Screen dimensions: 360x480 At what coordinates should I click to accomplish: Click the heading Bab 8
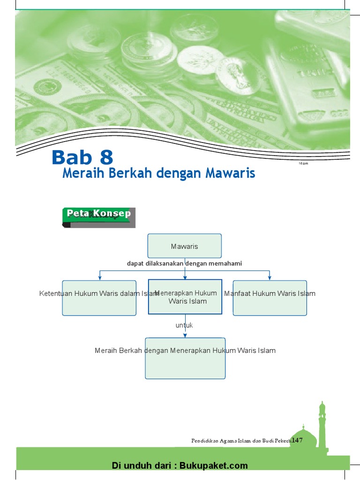82,157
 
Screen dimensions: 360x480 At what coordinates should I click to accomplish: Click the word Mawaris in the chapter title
230,173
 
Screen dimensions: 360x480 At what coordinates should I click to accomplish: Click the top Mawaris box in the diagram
185,246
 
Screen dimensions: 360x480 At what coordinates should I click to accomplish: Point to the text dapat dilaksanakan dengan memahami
184,263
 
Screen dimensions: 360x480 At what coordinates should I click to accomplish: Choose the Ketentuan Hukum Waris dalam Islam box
99,298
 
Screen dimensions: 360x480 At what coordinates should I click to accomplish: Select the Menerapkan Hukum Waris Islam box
185,297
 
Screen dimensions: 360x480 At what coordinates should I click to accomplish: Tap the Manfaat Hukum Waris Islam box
270,298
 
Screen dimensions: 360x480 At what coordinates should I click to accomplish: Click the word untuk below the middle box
184,325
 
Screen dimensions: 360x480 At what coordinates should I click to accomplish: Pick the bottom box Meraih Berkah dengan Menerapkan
185,358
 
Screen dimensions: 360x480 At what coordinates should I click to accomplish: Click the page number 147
297,440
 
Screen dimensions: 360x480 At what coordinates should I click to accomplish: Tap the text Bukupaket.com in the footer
213,465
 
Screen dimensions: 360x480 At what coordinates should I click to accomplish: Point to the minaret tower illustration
322,422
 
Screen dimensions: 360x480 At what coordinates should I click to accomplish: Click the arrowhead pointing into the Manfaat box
270,278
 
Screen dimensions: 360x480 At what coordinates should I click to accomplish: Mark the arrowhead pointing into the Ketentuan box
100,278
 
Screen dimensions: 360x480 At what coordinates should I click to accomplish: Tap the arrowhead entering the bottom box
185,335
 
